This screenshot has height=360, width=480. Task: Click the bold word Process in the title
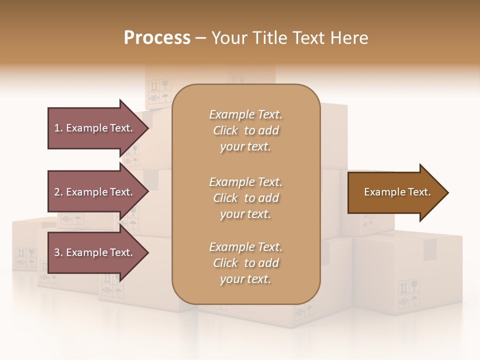[x=157, y=37]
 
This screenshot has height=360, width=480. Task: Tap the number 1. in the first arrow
[x=58, y=128]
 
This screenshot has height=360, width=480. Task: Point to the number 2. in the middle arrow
[x=58, y=192]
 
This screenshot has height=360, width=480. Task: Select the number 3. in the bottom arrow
[x=58, y=252]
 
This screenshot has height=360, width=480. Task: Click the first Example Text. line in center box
[x=245, y=114]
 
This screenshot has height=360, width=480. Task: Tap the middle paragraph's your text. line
[x=245, y=214]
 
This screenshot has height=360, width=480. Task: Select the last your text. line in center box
[x=245, y=279]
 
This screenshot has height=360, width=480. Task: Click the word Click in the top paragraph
[x=225, y=130]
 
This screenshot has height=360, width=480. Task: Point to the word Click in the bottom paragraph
[x=225, y=263]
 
